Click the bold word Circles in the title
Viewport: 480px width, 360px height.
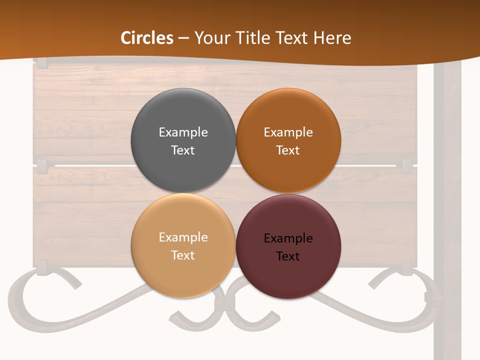pyautogui.click(x=147, y=38)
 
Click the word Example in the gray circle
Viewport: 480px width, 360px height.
pyautogui.click(x=183, y=132)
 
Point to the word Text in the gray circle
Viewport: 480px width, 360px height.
pyautogui.click(x=183, y=150)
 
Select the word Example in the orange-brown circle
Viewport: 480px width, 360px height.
pyautogui.click(x=288, y=132)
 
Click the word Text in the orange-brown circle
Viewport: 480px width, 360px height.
pyautogui.click(x=288, y=150)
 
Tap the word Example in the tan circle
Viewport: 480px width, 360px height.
pyautogui.click(x=183, y=237)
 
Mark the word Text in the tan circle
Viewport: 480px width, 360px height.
pyautogui.click(x=183, y=255)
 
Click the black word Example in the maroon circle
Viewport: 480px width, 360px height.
pyautogui.click(x=288, y=238)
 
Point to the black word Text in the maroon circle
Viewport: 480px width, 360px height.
pyautogui.click(x=288, y=256)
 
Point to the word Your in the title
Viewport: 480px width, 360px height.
pyautogui.click(x=212, y=38)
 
